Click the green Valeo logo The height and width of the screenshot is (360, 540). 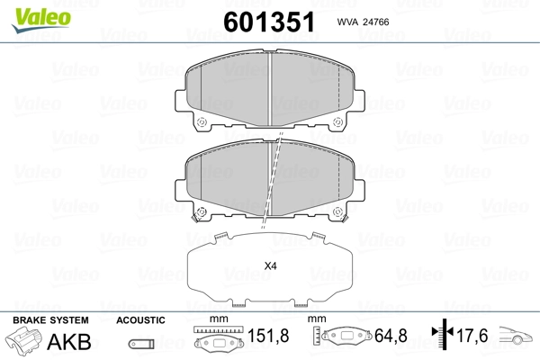pyautogui.click(x=41, y=20)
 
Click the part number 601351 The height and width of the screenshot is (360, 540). pyautogui.click(x=269, y=22)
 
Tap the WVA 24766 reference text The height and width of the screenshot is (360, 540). pyautogui.click(x=363, y=22)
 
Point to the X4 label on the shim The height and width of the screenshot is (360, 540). pyautogui.click(x=270, y=266)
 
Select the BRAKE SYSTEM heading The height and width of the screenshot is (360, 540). pyautogui.click(x=50, y=320)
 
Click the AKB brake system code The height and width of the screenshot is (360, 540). pyautogui.click(x=69, y=341)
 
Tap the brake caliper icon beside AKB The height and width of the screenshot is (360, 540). pyautogui.click(x=22, y=339)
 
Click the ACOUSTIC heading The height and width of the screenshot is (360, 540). pyautogui.click(x=140, y=320)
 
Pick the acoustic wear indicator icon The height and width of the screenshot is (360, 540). pyautogui.click(x=141, y=344)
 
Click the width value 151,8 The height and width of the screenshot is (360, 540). pyautogui.click(x=268, y=336)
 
